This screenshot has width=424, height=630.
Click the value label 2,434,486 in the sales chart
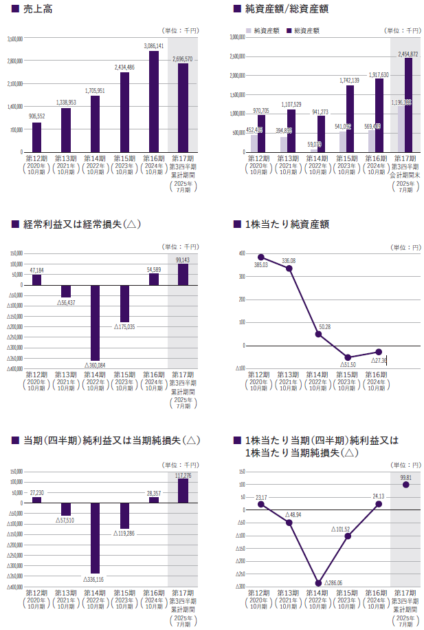coord(124,67)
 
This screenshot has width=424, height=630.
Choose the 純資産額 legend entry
coord(265,31)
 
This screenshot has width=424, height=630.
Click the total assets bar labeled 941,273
coord(321,134)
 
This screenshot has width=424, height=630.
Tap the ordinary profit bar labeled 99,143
coord(183,275)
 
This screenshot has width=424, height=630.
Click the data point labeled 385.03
coord(260,257)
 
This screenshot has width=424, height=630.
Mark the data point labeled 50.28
coord(319,334)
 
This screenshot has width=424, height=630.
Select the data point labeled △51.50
coord(348,357)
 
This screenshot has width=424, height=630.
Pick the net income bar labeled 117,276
coord(183,490)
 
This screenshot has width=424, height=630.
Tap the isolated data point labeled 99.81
coord(406,485)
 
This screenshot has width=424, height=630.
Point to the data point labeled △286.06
coord(319,583)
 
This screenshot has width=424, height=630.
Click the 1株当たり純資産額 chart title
coord(291,224)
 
